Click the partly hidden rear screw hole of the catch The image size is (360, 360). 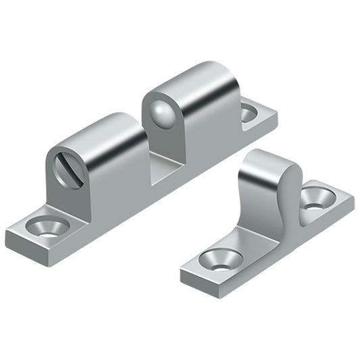pos(249,113)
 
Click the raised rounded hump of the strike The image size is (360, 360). pos(269,169)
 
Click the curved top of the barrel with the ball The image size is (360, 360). pos(196,81)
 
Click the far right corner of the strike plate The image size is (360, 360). pos(352,199)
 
